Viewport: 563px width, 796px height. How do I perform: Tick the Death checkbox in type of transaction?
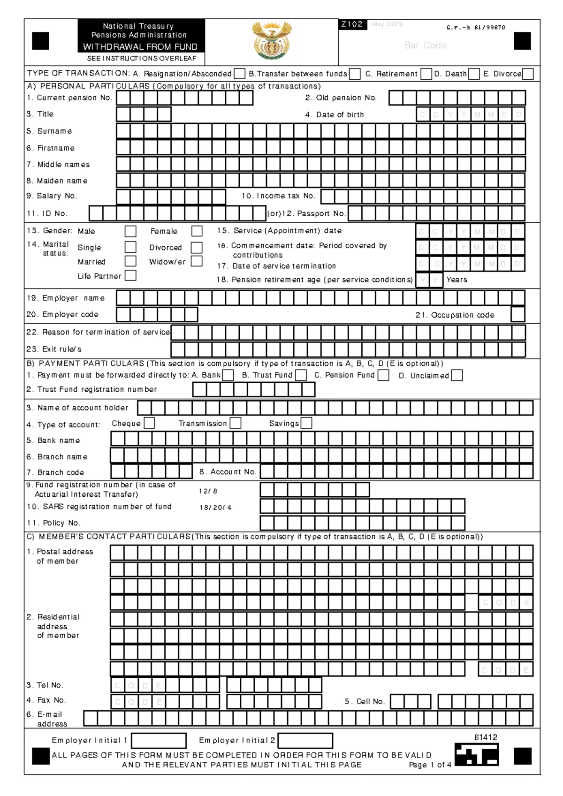474,74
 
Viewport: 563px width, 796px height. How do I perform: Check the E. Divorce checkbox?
527,74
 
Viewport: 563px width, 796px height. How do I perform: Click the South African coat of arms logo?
271,41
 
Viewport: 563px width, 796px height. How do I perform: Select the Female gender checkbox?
197,231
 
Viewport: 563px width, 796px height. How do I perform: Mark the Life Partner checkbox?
130,276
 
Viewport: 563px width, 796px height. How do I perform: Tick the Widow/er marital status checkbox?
197,261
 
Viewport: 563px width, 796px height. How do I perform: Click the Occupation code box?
518,314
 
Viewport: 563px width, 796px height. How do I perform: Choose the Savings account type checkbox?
306,423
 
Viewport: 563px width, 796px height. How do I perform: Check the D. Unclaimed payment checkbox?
456,375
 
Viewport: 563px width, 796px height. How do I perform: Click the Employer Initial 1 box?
159,741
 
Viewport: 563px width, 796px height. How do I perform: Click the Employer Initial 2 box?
305,741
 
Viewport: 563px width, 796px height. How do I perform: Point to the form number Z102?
352,24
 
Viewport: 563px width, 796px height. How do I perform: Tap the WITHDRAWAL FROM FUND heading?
140,47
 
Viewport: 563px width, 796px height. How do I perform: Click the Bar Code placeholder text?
425,45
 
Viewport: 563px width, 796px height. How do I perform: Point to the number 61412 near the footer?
485,737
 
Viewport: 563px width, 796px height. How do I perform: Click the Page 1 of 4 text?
430,765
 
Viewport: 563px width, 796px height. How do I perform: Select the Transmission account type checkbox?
236,423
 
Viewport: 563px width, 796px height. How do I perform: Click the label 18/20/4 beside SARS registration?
215,508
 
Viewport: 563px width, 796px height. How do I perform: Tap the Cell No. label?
365,702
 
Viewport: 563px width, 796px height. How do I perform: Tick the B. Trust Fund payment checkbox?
301,375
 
